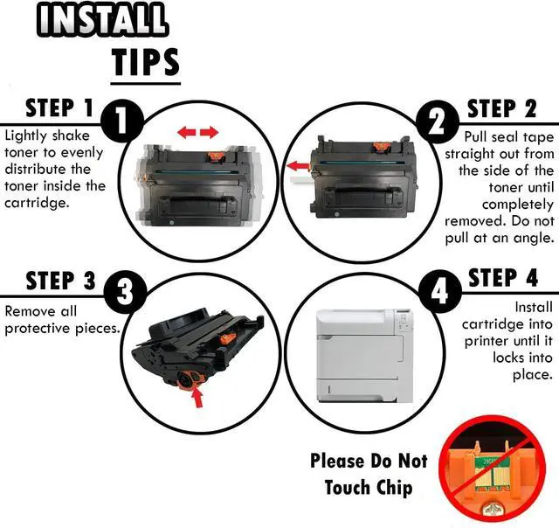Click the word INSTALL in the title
(102, 19)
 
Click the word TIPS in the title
(146, 62)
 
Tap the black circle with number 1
(122, 122)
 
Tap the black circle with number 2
(438, 122)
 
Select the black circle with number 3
(125, 293)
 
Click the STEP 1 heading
(59, 108)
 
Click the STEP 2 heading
(501, 108)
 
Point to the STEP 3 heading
(60, 281)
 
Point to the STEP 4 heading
(503, 278)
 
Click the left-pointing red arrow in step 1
(187, 132)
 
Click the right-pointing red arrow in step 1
(209, 132)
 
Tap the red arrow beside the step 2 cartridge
(299, 166)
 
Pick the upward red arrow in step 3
(197, 398)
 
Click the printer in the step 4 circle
(365, 356)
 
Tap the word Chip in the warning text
(394, 489)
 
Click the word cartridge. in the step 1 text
(36, 203)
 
